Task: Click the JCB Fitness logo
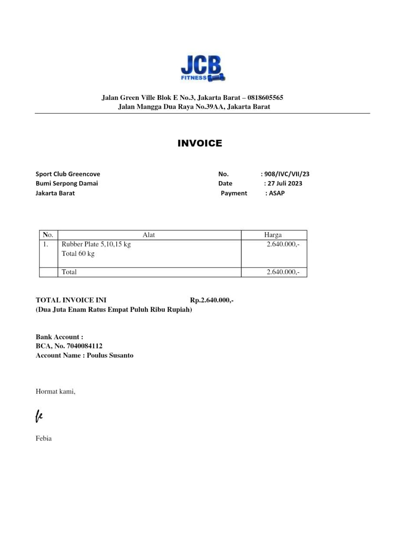click(x=202, y=69)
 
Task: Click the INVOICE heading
click(x=200, y=143)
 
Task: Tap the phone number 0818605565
click(x=265, y=98)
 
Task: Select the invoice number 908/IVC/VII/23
click(x=287, y=174)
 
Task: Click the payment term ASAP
click(x=277, y=193)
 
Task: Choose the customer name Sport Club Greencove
click(x=68, y=174)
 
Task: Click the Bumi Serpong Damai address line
click(x=67, y=183)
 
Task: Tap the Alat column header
click(x=149, y=235)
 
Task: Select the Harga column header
click(x=273, y=235)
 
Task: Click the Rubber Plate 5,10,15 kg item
click(x=96, y=244)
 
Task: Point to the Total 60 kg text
click(x=78, y=254)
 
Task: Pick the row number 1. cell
click(x=46, y=244)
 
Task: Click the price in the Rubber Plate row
click(x=283, y=244)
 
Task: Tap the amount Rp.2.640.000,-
click(x=212, y=300)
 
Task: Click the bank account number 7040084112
click(x=85, y=346)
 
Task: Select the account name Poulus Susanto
click(x=110, y=355)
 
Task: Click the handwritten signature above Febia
click(x=39, y=416)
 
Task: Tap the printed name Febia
click(x=44, y=438)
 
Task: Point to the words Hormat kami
click(x=56, y=391)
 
